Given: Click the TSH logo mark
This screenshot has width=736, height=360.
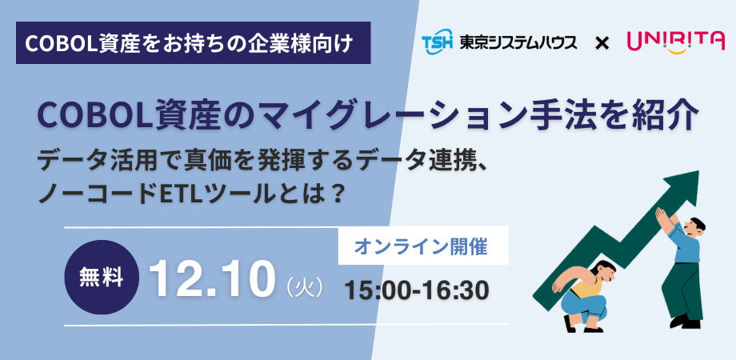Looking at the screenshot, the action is [438, 42].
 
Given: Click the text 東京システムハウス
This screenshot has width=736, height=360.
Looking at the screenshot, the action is [518, 43].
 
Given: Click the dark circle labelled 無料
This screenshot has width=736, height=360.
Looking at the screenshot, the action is [102, 278].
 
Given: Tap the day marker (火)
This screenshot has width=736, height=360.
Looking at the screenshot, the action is [306, 286].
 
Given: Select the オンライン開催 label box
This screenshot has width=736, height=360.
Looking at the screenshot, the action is [423, 246].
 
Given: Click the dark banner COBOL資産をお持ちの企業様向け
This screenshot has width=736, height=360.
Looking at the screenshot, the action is [194, 42].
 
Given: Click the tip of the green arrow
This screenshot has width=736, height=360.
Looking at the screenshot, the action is [698, 171].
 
